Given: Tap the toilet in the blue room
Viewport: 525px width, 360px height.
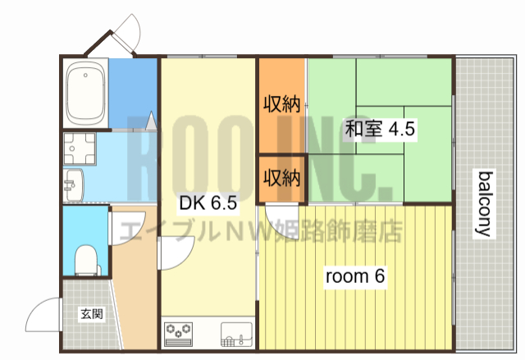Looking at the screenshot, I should [x=86, y=259].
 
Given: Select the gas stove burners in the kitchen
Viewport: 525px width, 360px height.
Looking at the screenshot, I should [x=178, y=332].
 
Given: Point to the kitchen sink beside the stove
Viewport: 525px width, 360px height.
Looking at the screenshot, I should [x=235, y=333].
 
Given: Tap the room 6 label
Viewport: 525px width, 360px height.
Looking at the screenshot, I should [x=355, y=276].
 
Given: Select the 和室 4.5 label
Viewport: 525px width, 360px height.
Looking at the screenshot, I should [x=381, y=129].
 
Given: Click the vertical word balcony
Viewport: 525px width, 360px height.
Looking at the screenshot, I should [x=486, y=203].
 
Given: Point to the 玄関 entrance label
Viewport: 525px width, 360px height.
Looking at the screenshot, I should [x=91, y=313].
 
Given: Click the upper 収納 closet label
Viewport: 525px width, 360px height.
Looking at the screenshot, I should [x=281, y=104].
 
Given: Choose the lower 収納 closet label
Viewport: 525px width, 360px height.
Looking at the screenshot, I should [x=281, y=177].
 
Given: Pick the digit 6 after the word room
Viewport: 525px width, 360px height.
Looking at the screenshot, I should [x=379, y=276].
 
